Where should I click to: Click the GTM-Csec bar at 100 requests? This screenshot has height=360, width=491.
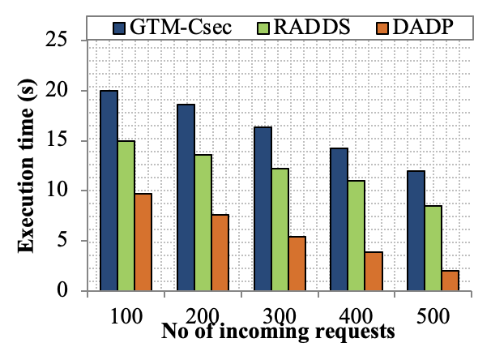click(109, 191)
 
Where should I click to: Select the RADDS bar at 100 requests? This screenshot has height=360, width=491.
click(126, 216)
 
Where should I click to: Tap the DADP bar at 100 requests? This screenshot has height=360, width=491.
click(143, 242)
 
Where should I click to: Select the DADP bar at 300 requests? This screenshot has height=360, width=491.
click(297, 264)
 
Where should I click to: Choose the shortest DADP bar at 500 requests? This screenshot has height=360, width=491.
click(450, 281)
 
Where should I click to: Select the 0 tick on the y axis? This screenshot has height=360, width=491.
click(72, 290)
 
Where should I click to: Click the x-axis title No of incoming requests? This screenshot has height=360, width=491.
click(278, 332)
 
